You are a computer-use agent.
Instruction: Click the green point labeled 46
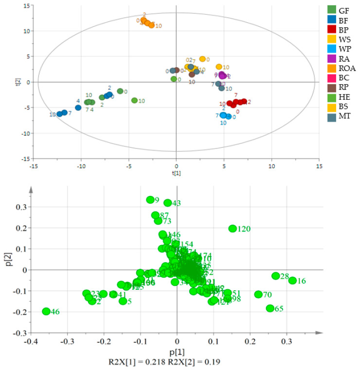click(46, 311)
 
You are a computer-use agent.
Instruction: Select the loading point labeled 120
click(233, 229)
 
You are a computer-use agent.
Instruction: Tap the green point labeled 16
click(292, 281)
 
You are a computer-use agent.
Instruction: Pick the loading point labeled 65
click(270, 308)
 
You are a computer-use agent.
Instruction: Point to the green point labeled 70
click(258, 294)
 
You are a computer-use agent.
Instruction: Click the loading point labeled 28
click(276, 276)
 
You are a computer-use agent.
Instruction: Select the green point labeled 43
click(167, 203)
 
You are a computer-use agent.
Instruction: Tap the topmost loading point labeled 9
click(150, 200)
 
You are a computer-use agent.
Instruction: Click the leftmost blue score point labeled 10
click(59, 114)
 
